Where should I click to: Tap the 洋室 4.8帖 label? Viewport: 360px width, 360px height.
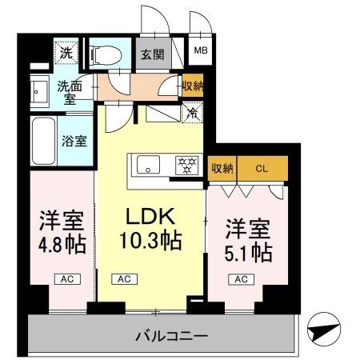(61, 230)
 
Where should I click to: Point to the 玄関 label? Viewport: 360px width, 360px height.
(154, 55)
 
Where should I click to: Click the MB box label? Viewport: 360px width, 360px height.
(199, 55)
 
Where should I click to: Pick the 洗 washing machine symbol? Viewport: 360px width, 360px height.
(66, 54)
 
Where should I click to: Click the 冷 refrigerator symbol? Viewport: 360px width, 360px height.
(192, 114)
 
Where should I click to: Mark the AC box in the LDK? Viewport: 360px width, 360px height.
(124, 279)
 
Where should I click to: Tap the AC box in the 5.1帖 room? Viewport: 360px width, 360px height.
(238, 279)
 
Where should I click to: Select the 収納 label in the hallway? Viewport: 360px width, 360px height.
(192, 86)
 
